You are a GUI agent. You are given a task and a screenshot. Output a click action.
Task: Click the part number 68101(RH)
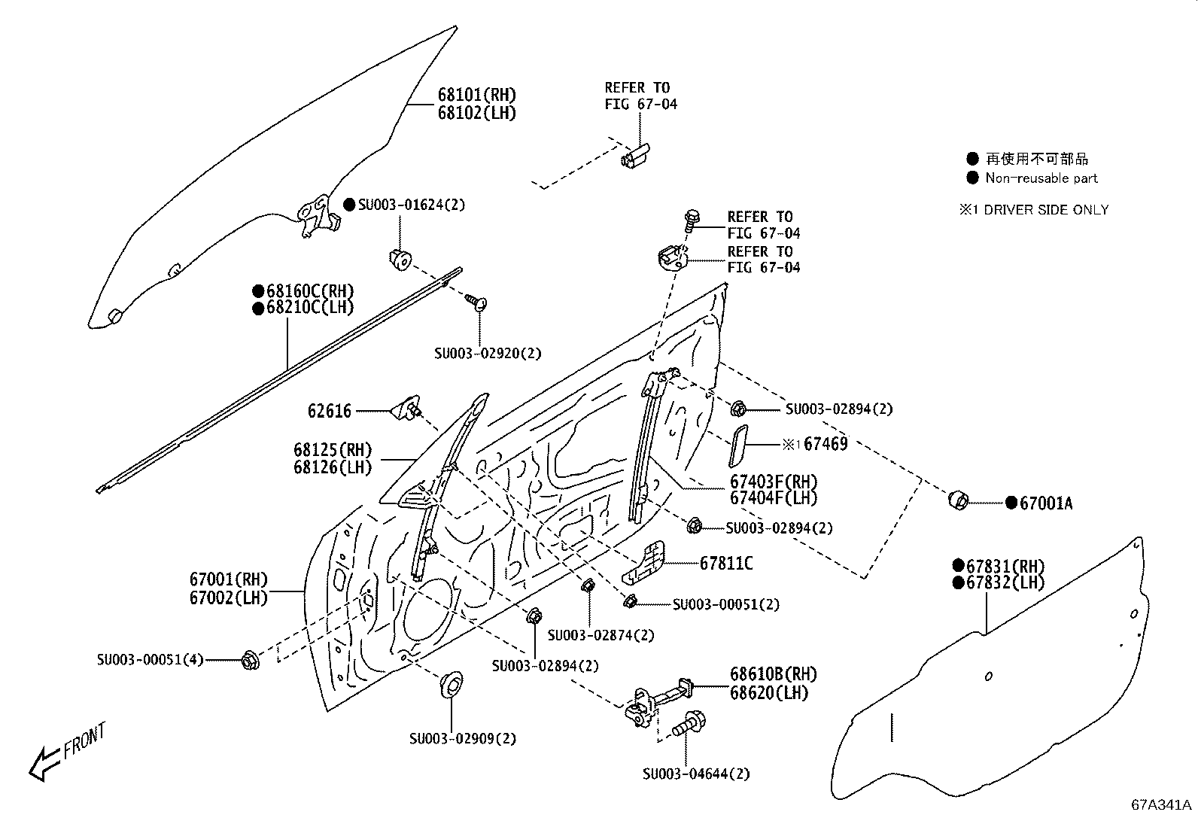point(477,95)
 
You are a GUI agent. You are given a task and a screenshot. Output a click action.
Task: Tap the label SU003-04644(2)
point(696,774)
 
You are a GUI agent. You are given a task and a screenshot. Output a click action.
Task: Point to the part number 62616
point(329,411)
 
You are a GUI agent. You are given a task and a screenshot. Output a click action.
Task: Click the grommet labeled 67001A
point(958,500)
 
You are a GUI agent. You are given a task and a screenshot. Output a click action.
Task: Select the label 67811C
point(725,563)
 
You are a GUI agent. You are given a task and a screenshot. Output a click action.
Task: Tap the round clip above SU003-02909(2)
point(451,686)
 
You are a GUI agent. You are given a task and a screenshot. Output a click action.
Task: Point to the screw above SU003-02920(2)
point(476,303)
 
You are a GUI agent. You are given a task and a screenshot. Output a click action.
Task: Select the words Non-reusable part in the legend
point(1041,178)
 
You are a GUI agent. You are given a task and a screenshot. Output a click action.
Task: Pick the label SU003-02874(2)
point(601,635)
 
